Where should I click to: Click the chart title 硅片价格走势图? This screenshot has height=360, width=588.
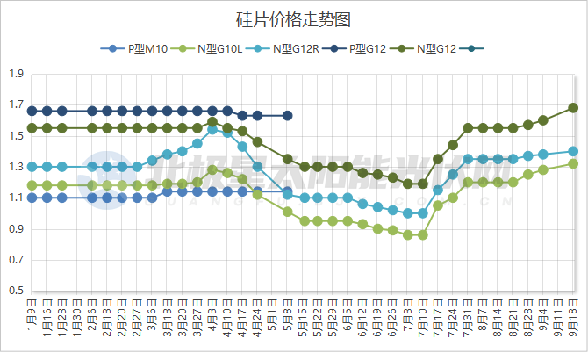pyautogui.click(x=294, y=18)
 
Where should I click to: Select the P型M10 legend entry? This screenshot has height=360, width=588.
pyautogui.click(x=137, y=49)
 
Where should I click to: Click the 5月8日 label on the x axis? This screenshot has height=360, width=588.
pyautogui.click(x=288, y=319)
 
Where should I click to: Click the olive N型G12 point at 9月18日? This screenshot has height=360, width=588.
pyautogui.click(x=573, y=108)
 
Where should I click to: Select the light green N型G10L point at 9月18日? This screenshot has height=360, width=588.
pyautogui.click(x=573, y=163)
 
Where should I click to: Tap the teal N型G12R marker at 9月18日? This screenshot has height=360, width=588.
pyautogui.click(x=573, y=151)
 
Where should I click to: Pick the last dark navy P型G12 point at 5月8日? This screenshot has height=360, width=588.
pyautogui.click(x=288, y=116)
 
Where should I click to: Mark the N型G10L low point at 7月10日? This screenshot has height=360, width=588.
pyautogui.click(x=423, y=234)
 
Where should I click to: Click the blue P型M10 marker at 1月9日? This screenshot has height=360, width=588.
pyautogui.click(x=32, y=198)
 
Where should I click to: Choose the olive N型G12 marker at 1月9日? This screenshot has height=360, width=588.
pyautogui.click(x=32, y=128)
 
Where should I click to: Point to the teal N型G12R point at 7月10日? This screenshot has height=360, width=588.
pyautogui.click(x=423, y=213)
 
